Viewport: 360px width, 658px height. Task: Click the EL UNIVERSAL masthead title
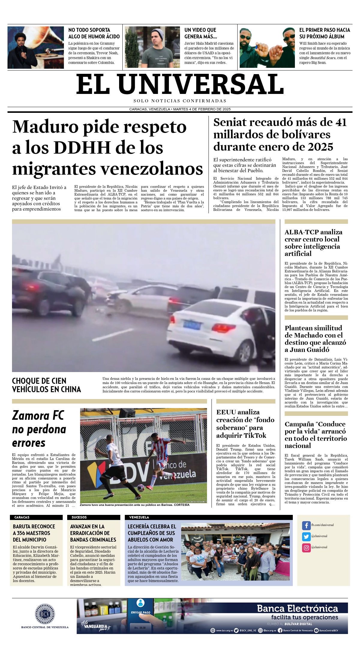pyautogui.click(x=180, y=85)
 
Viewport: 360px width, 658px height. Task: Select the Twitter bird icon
pyautogui.click(x=306, y=536)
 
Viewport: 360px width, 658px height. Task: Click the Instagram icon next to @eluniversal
pyautogui.click(x=306, y=547)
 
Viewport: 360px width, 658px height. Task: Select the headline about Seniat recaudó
pyautogui.click(x=280, y=134)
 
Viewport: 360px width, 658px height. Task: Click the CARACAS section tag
pyautogui.click(x=22, y=517)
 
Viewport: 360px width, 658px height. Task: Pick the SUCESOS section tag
pyautogui.click(x=79, y=517)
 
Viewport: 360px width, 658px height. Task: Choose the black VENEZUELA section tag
pyautogui.click(x=139, y=517)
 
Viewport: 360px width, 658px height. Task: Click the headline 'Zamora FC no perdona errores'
pyautogui.click(x=39, y=429)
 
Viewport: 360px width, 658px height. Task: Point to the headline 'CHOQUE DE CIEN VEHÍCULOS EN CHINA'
pyautogui.click(x=46, y=385)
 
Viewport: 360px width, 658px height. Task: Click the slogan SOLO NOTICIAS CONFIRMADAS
pyautogui.click(x=180, y=101)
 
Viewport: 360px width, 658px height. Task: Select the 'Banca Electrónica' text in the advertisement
pyautogui.click(x=297, y=608)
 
